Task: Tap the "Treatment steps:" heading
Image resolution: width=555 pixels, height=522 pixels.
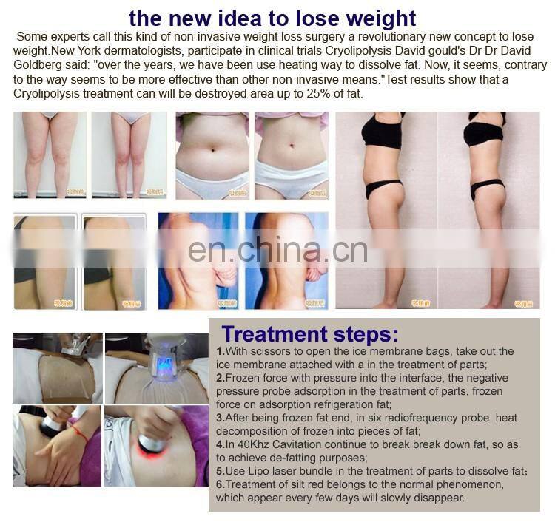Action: tap(310, 334)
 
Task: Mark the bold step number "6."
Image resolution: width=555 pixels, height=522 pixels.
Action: tap(221, 484)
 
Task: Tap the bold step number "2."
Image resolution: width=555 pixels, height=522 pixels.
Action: tap(221, 377)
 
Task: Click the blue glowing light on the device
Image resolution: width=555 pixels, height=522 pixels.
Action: tap(164, 363)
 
